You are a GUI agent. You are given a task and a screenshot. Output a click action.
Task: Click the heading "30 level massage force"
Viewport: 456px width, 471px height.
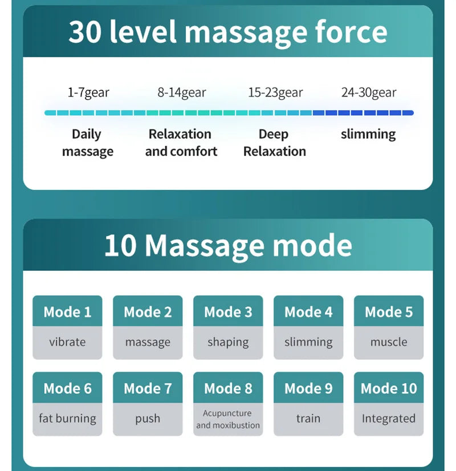(x=228, y=32)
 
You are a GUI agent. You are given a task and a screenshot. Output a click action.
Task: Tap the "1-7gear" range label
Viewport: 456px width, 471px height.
(x=88, y=92)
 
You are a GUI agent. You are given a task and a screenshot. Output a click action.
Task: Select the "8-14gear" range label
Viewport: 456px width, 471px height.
(x=182, y=92)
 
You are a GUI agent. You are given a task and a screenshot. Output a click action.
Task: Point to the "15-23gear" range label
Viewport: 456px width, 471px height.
(x=275, y=92)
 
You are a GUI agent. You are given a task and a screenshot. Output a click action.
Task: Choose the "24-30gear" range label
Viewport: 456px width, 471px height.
(x=369, y=92)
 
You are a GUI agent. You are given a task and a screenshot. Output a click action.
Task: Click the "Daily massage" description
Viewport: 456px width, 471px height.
(x=87, y=143)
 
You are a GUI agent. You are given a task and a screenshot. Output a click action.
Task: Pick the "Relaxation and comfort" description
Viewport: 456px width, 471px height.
(x=181, y=143)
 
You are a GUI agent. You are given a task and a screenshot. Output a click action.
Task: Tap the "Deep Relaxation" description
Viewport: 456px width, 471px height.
(x=274, y=143)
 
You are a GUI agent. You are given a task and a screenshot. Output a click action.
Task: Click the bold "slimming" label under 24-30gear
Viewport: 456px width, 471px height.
(x=368, y=135)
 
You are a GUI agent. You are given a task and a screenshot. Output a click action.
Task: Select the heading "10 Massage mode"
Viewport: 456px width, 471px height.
(x=228, y=245)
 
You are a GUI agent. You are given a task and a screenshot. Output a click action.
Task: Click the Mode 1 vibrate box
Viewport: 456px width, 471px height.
(x=67, y=327)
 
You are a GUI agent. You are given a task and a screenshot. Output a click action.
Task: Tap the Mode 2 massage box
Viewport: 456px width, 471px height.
(x=148, y=327)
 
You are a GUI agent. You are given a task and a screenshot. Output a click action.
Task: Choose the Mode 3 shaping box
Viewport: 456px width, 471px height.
(x=228, y=327)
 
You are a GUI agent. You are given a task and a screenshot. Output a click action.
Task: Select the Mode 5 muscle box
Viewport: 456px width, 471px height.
(x=389, y=327)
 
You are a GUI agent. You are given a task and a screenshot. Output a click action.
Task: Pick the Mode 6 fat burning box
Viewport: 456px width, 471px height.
(x=67, y=404)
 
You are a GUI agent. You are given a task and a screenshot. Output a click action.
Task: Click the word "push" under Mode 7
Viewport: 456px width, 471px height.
(x=148, y=419)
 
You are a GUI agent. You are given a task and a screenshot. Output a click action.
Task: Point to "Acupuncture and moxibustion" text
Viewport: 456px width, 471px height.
(x=228, y=419)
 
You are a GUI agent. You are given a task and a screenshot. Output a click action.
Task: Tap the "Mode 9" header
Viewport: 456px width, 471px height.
(x=308, y=388)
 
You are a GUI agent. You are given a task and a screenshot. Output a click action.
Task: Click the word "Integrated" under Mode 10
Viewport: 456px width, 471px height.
(x=389, y=419)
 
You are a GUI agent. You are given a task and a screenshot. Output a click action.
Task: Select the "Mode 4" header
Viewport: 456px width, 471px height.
(x=308, y=312)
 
